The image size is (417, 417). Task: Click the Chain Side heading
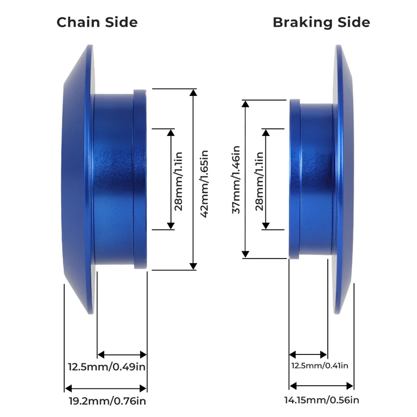coord(97,22)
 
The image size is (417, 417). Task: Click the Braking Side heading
coord(321,22)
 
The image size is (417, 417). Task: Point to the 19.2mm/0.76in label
coord(107,401)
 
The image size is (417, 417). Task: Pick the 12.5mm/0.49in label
coord(107,366)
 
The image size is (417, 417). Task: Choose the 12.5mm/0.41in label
coord(320,365)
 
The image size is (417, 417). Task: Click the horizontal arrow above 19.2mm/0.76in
coord(106,388)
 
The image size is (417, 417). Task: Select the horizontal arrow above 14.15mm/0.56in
coord(322,386)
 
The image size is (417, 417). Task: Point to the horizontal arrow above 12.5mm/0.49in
coord(122,354)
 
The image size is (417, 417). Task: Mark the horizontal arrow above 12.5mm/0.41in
coord(309,354)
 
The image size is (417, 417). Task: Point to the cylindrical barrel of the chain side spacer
coord(114,180)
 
